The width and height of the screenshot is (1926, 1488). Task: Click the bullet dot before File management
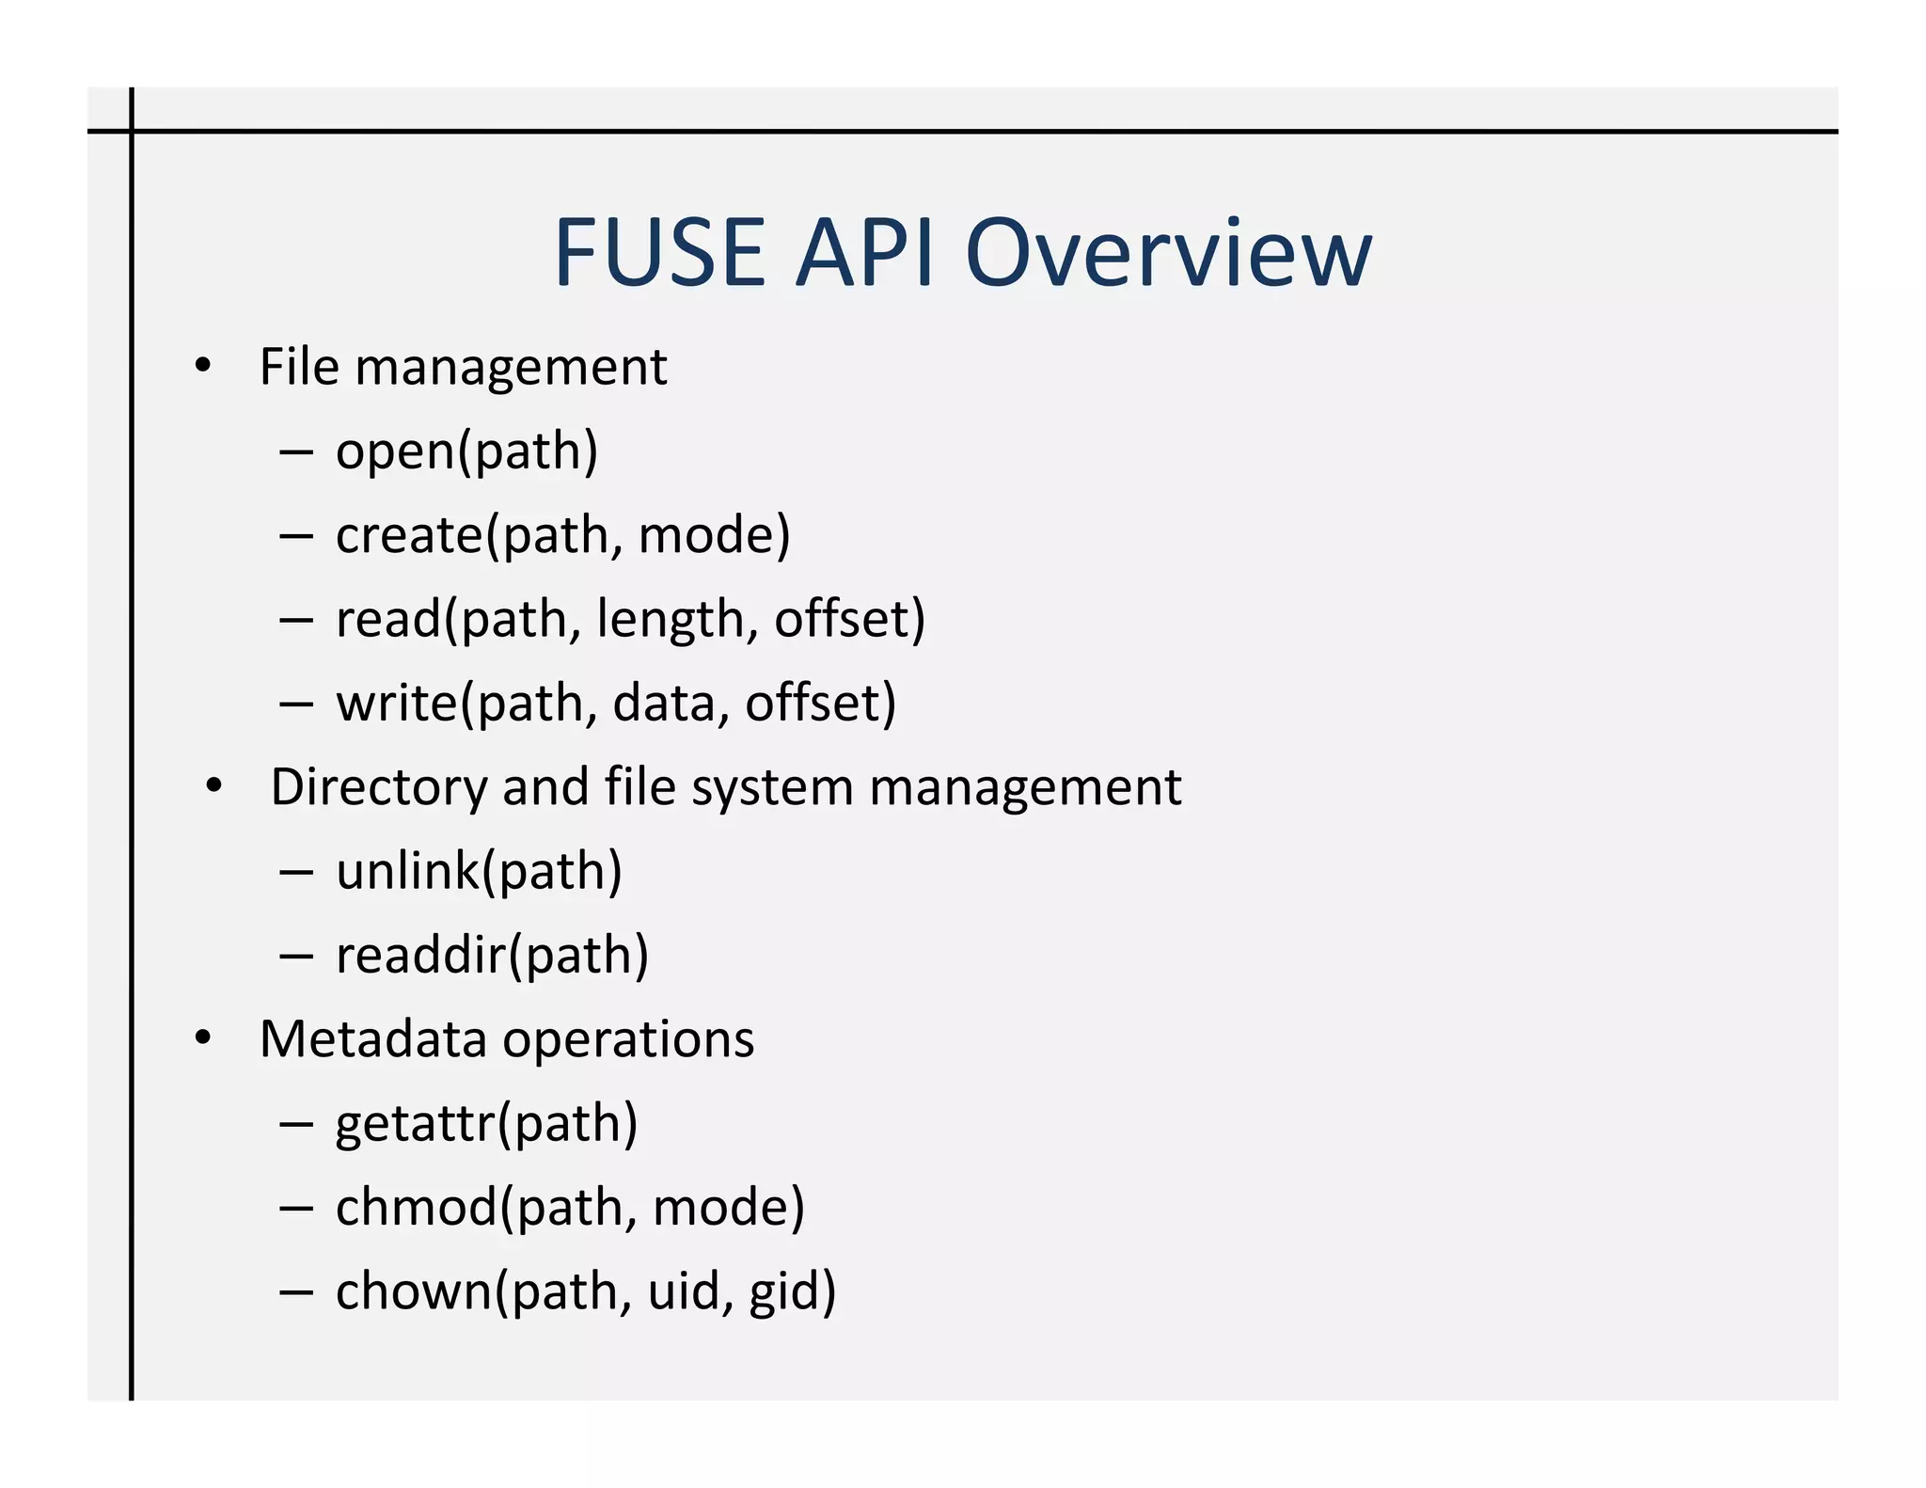[x=203, y=366]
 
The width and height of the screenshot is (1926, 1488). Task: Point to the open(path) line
[x=466, y=451]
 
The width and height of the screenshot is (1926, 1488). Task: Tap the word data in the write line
[x=664, y=704]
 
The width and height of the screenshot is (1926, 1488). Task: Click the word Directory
[x=379, y=788]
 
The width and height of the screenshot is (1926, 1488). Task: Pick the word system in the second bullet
[x=772, y=788]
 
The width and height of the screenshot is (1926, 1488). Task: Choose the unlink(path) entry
[x=479, y=872]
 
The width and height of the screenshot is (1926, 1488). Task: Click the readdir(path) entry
[x=492, y=956]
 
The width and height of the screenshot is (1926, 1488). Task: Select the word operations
[x=628, y=1040]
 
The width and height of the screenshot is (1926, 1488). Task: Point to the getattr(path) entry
[x=486, y=1124]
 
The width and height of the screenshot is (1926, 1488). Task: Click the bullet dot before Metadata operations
[x=203, y=1038]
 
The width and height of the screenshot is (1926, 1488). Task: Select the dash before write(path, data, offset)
[x=295, y=704]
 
